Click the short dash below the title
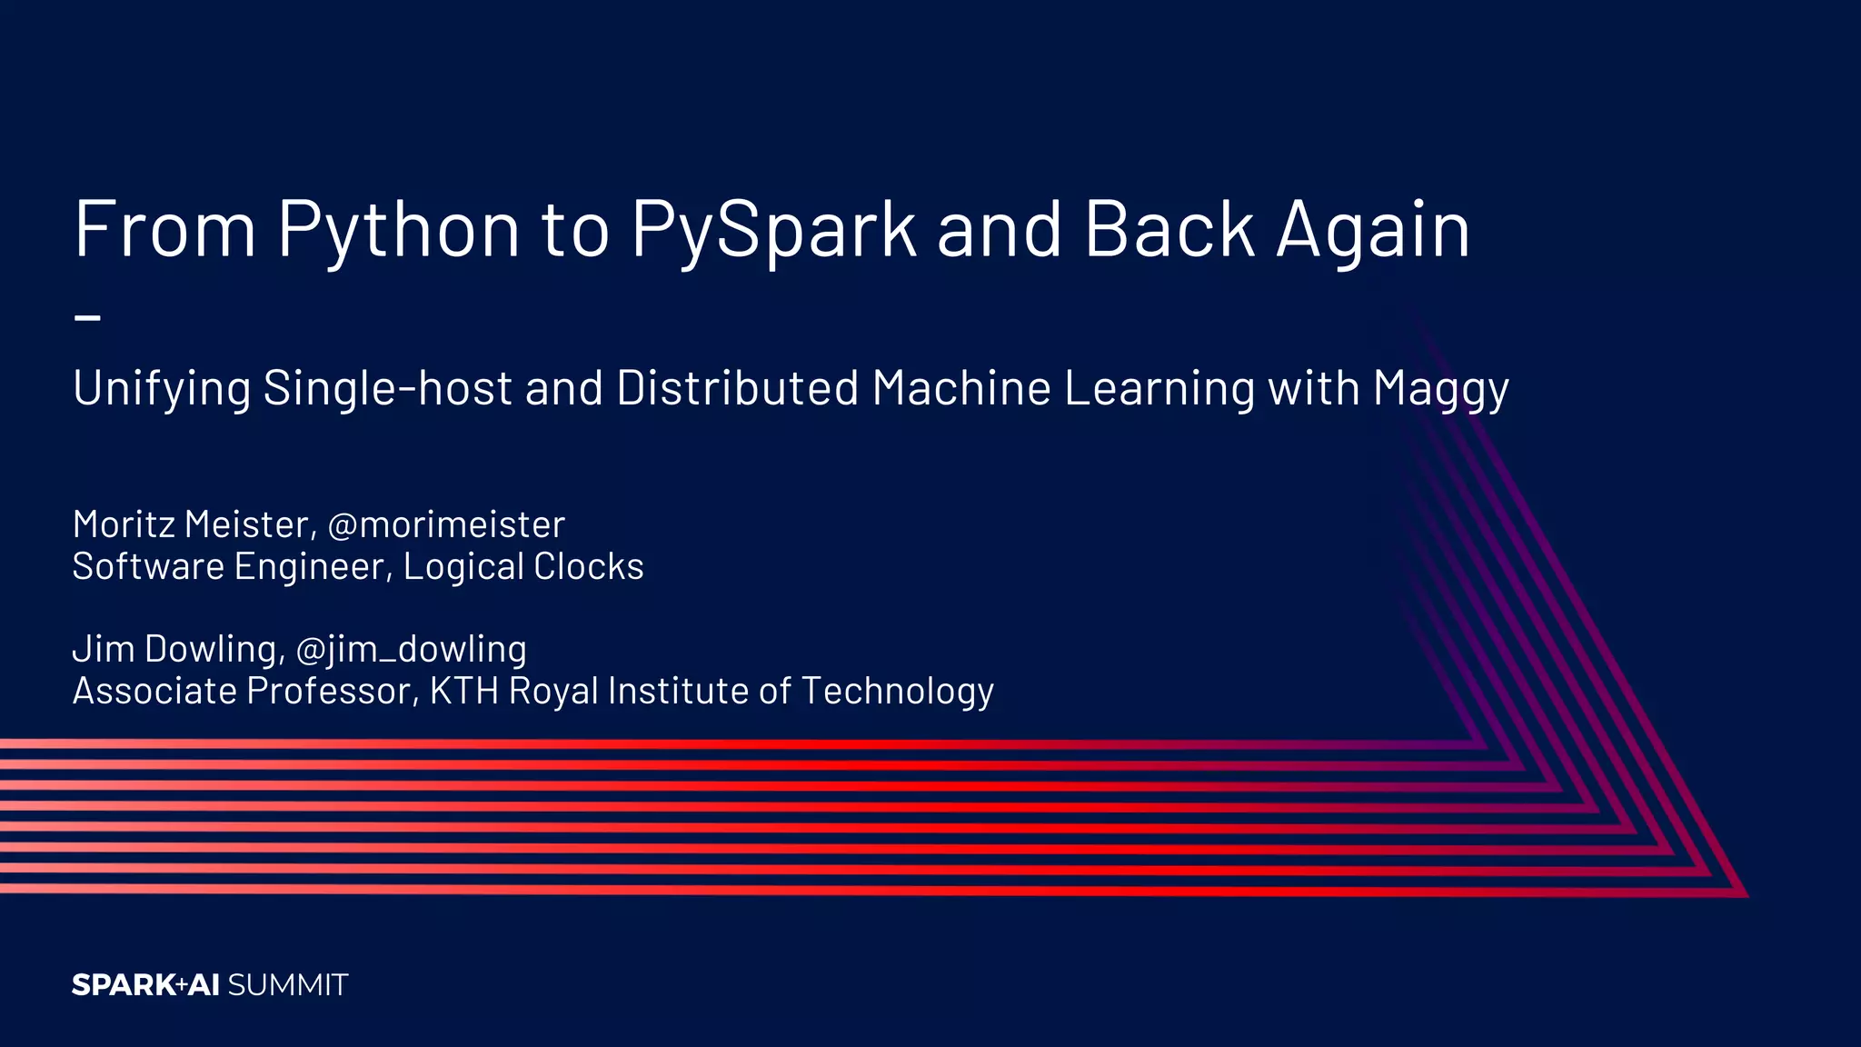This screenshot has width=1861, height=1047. pos(87,317)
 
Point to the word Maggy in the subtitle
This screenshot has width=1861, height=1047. pos(1441,389)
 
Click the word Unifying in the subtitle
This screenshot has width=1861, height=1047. pos(162,389)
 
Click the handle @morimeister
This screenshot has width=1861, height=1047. pos(446,524)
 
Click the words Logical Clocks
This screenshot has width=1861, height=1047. pos(523,566)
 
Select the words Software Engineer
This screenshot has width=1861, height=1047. pos(232,566)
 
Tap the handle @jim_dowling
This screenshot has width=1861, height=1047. pos(412,649)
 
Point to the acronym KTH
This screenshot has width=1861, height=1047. pos(464,691)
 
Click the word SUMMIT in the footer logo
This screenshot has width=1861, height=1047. pos(288,985)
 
